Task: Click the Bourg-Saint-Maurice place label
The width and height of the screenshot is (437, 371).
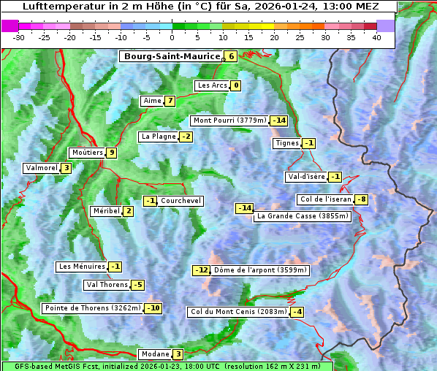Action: [172, 56]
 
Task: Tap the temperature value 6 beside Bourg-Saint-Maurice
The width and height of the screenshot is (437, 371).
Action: [231, 56]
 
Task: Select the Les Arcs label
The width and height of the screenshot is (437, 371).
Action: [213, 85]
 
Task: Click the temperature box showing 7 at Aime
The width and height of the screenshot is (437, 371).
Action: [170, 101]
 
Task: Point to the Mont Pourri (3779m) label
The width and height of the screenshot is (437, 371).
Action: [229, 121]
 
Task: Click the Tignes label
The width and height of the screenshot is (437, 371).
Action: [286, 143]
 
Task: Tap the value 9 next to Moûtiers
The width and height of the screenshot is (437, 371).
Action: [111, 153]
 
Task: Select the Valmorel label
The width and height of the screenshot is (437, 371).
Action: [41, 168]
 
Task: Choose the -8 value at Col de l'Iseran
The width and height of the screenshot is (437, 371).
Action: [361, 199]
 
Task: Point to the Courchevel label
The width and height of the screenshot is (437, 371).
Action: [180, 201]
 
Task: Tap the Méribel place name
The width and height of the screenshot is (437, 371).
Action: [106, 211]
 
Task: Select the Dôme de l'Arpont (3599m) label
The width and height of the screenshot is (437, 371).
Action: [261, 270]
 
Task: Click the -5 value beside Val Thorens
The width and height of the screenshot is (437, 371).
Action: [137, 285]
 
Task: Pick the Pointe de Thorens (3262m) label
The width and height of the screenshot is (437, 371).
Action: [93, 308]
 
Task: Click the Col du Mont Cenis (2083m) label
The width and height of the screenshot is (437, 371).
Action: [237, 312]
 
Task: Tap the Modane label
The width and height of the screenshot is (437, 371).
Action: [155, 354]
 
